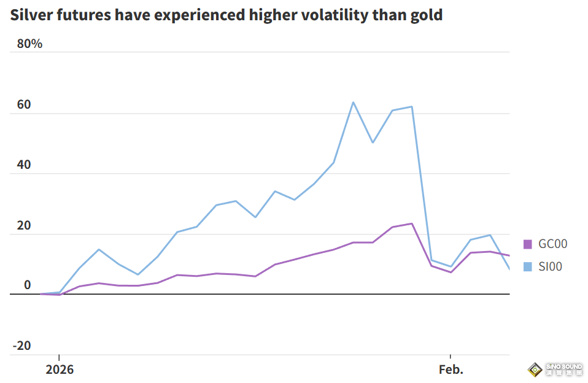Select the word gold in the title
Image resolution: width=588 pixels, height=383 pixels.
425,15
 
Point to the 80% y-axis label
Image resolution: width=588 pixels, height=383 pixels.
30,44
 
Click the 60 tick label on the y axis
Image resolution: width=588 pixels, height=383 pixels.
24,104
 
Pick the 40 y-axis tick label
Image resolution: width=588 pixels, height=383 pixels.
24,164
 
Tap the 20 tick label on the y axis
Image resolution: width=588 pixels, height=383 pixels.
24,225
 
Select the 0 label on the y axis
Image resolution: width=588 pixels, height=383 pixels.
27,285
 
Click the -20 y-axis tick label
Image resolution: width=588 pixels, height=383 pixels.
22,346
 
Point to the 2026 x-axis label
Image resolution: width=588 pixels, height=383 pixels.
59,370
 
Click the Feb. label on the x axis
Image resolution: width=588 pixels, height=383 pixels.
451,370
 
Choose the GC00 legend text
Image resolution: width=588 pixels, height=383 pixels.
552,244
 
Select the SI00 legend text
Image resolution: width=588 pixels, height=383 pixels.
550,266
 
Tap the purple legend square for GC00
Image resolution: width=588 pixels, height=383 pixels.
528,244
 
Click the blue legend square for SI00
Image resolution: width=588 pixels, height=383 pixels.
528,266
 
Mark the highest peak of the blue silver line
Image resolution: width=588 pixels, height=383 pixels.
353,103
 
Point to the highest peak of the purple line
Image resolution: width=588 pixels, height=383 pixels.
411,223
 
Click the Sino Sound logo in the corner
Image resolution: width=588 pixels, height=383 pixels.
555,369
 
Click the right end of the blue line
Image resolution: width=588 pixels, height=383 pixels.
509,269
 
